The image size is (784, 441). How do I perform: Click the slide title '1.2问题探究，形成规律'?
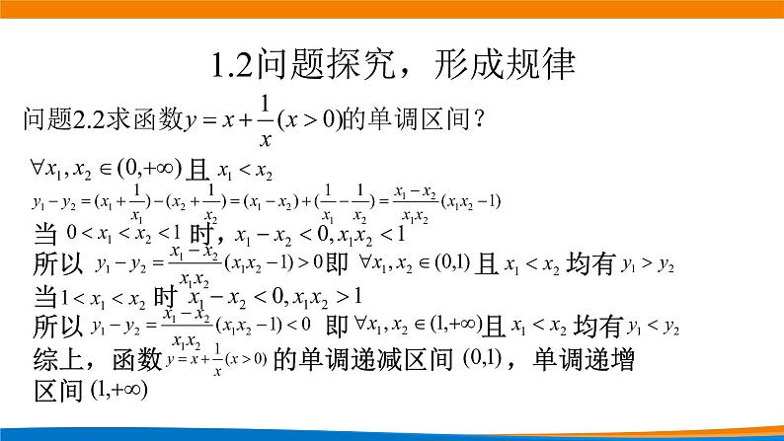(x=393, y=68)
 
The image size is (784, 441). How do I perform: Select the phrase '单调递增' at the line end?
(x=585, y=359)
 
